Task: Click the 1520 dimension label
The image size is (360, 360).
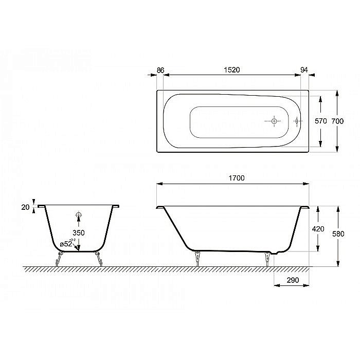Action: point(231,69)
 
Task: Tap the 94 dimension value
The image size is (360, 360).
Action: point(305,69)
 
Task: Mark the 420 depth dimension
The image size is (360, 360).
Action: point(319,229)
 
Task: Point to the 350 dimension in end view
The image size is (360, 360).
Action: point(78,232)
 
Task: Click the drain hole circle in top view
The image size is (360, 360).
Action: point(274,121)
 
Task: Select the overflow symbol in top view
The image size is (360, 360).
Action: point(297,121)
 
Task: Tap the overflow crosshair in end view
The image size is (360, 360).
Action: point(78,215)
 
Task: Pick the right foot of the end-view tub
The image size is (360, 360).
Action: point(98,259)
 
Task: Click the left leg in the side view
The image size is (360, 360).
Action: point(196,258)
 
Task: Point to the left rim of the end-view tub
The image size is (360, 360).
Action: point(41,206)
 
